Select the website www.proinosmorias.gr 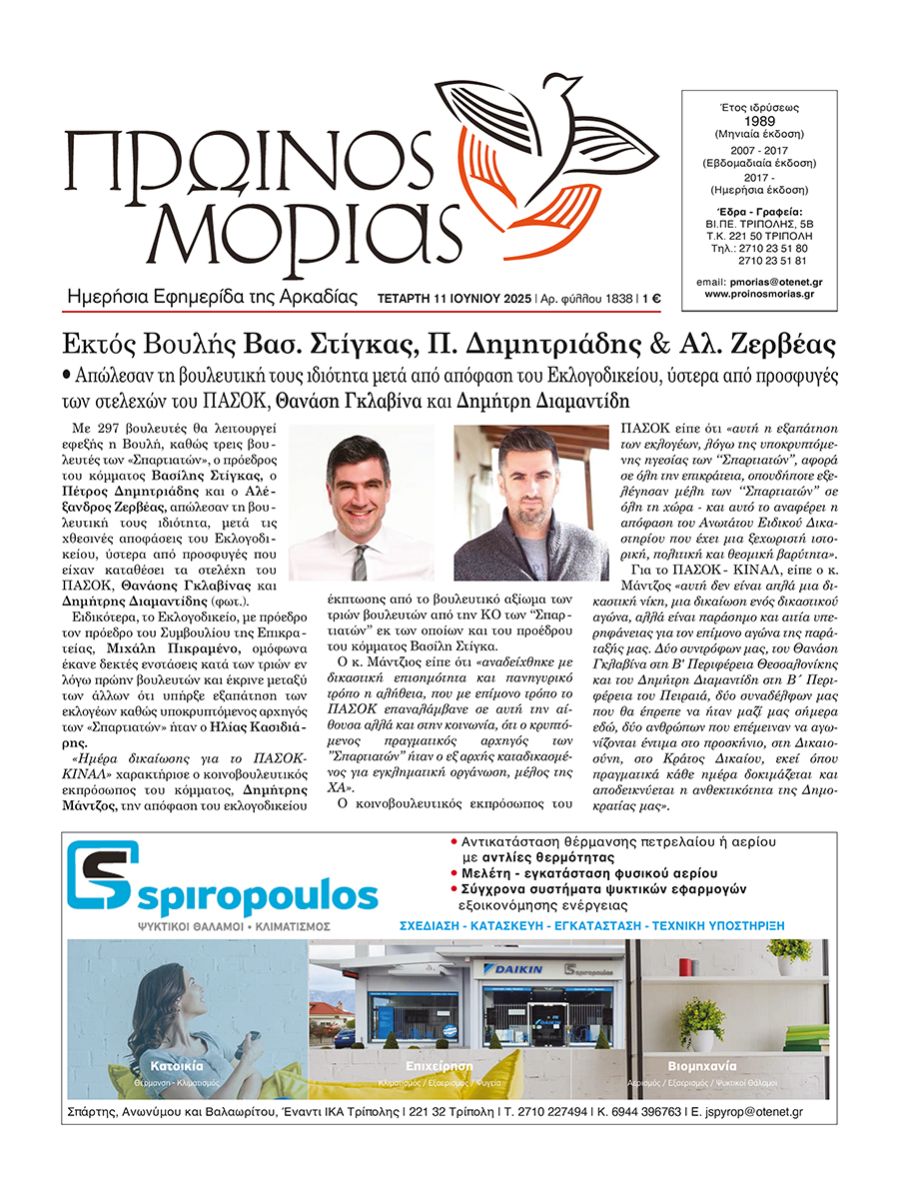point(759,294)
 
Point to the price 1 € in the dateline point(653,298)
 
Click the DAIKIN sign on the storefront point(515,968)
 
